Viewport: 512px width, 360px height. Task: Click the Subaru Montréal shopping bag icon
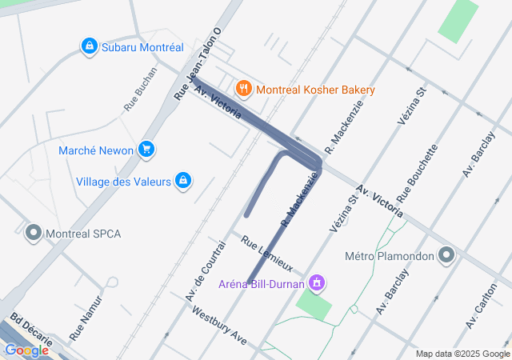point(90,47)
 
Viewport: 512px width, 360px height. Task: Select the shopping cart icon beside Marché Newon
point(146,150)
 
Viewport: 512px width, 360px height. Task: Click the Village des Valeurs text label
point(123,182)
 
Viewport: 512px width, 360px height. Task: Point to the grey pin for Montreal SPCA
point(33,234)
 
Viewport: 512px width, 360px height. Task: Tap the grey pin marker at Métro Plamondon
point(446,256)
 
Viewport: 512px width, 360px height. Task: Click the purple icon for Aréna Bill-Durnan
point(318,282)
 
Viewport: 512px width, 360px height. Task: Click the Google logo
point(26,350)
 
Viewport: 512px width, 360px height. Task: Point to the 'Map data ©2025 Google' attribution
point(462,354)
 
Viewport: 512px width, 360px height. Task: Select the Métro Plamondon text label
point(389,257)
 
